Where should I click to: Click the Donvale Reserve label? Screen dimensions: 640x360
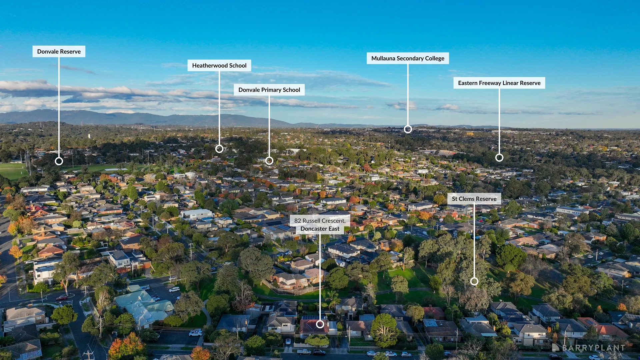point(59,51)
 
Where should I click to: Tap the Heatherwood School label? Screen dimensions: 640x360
point(219,65)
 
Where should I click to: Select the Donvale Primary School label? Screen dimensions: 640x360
point(269,90)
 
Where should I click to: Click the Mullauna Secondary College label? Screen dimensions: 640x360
point(408,58)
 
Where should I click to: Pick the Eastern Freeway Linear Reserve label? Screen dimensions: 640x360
point(499,83)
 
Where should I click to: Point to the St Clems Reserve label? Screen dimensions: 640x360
point(474,199)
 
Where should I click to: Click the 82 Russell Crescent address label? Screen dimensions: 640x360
point(320,225)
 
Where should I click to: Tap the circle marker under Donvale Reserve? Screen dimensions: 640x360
point(59,161)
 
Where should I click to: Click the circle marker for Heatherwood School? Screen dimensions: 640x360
point(219,149)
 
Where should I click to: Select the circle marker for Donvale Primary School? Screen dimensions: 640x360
point(269,161)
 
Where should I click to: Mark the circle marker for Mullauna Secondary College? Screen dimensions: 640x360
point(408,129)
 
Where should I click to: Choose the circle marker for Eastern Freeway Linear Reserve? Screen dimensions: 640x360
point(499,158)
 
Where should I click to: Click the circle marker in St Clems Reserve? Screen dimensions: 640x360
point(474,282)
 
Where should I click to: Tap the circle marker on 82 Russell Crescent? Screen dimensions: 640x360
point(320,324)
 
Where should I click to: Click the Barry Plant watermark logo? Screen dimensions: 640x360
point(588,348)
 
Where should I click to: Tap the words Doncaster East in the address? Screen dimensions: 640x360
point(320,229)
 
